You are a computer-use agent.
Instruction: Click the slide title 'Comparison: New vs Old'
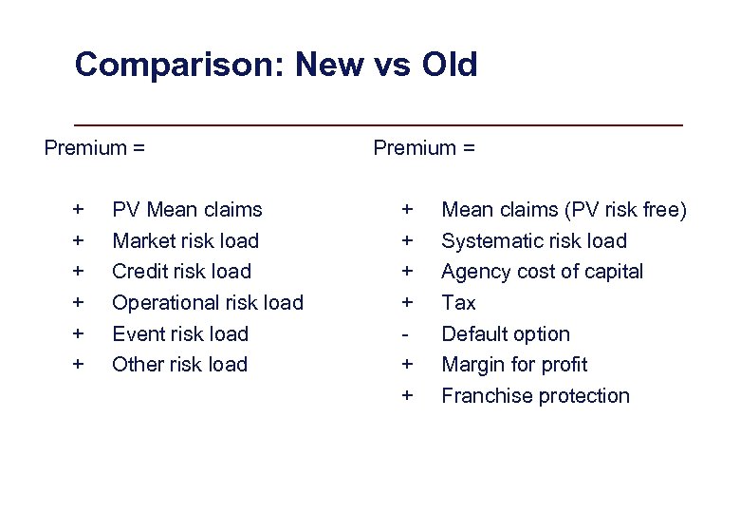[275, 66]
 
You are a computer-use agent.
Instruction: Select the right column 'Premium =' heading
[424, 147]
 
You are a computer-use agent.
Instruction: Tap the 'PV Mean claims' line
[187, 209]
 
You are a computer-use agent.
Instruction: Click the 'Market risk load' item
[185, 240]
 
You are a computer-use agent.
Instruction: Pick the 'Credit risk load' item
[181, 272]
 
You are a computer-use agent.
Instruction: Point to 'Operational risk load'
[208, 303]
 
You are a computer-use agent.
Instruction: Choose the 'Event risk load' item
[180, 334]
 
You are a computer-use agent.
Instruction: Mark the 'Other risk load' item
[179, 365]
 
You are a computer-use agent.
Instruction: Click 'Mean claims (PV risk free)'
[564, 209]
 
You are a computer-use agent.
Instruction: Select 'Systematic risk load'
[534, 240]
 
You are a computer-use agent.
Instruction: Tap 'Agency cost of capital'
[542, 272]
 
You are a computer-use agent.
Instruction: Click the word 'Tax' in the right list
[459, 303]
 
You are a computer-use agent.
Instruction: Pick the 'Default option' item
[506, 334]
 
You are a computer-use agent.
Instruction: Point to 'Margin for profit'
[514, 365]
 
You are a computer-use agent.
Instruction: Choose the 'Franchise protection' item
[535, 396]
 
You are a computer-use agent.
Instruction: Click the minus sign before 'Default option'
[407, 334]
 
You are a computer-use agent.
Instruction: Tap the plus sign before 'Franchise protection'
[407, 396]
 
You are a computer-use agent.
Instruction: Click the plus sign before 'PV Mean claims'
[78, 209]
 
